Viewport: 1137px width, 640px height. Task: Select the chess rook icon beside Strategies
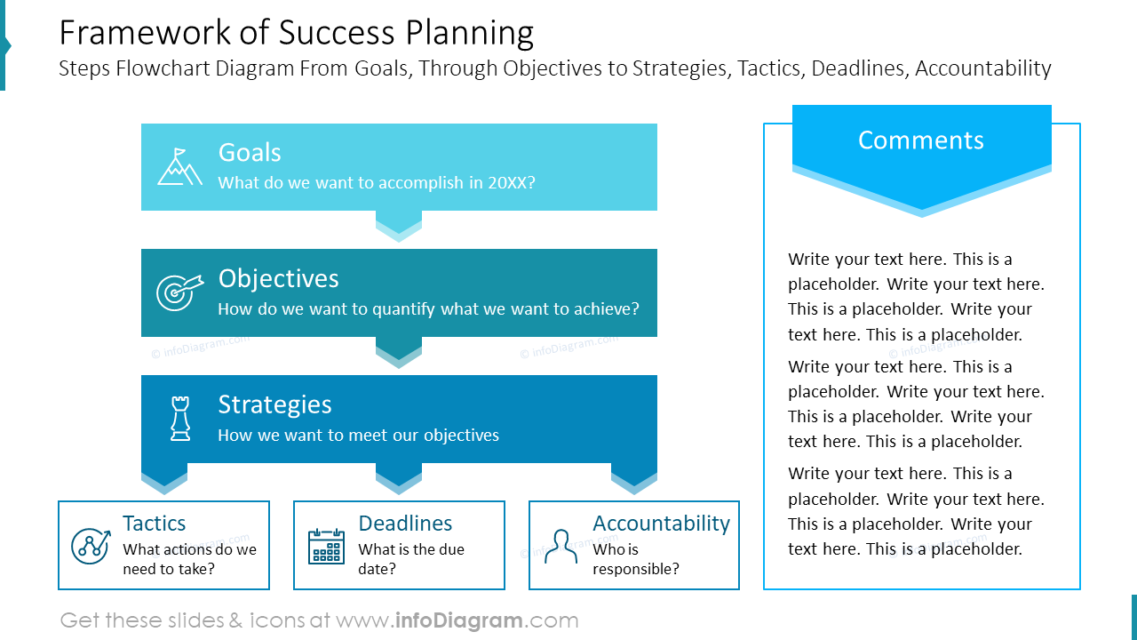pos(180,419)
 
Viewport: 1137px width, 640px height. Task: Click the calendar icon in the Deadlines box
pos(326,546)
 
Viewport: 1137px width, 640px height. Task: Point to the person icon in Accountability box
pos(561,546)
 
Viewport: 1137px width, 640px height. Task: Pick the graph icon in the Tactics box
pos(91,545)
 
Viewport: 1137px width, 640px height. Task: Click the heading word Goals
pos(250,153)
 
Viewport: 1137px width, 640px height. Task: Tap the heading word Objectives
pos(278,278)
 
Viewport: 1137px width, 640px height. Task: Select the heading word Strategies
pos(274,404)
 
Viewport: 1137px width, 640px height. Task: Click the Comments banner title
pos(921,140)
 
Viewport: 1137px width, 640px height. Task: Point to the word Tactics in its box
pos(154,524)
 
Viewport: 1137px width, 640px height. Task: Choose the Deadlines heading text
pos(405,524)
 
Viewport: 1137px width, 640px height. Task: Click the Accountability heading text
pos(661,524)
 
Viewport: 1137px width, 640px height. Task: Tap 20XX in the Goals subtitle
pos(511,183)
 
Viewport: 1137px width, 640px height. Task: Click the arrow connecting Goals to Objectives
pos(399,225)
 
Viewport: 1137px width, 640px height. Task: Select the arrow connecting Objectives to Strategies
pos(399,351)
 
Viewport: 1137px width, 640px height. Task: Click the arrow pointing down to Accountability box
pos(634,479)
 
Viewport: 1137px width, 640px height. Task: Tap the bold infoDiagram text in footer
pos(457,620)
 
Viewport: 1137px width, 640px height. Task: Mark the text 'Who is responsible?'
pos(635,559)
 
